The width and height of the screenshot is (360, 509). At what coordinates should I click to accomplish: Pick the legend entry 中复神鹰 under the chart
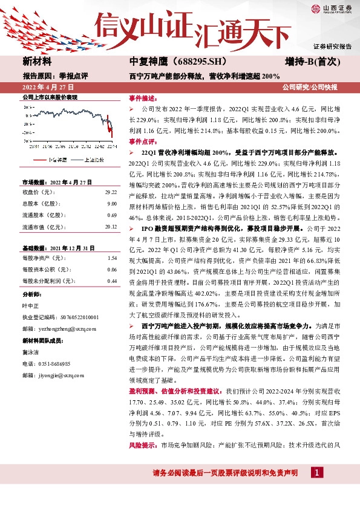[x=59, y=160]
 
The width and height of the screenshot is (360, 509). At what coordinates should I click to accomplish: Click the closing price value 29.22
[x=111, y=192]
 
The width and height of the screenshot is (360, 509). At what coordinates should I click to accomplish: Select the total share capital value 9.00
[x=112, y=204]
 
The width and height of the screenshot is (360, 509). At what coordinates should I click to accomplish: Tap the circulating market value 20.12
[x=111, y=227]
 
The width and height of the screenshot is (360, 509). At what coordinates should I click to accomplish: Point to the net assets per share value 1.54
[x=112, y=258]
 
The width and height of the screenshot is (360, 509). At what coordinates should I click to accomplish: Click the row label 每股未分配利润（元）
[x=48, y=281]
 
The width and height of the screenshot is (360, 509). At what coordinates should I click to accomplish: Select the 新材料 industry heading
[x=38, y=62]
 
